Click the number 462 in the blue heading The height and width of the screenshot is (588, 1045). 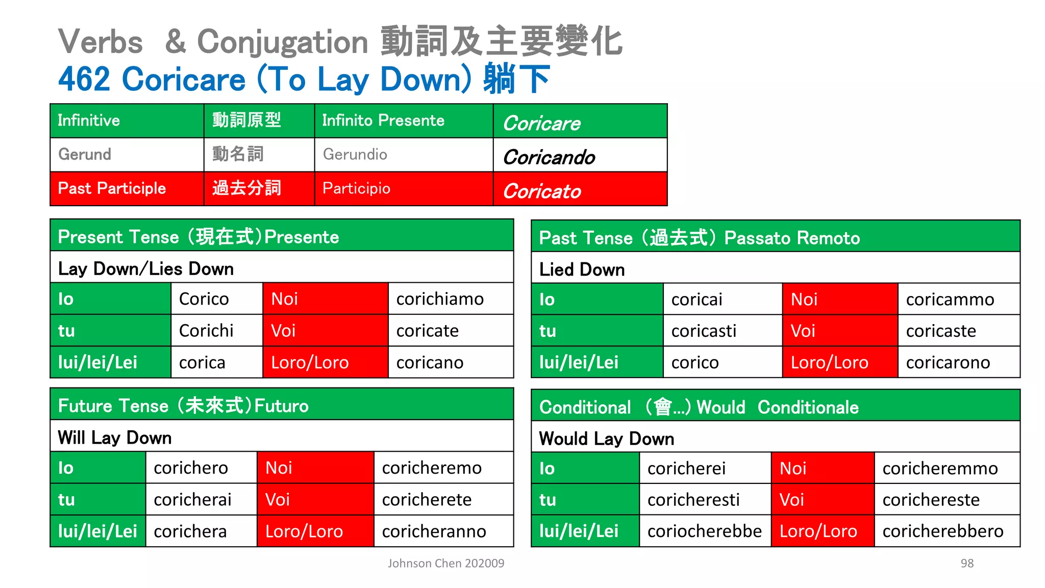tap(84, 80)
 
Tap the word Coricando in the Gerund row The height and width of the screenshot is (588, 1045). tap(549, 157)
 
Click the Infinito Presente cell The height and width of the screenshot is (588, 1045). tap(383, 120)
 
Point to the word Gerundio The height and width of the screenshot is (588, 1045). tap(355, 154)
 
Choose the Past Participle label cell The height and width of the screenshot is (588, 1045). tap(112, 188)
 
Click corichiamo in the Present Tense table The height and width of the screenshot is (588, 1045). tap(440, 299)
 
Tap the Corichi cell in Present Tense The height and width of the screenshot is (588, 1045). tap(206, 331)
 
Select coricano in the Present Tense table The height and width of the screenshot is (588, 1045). tap(430, 362)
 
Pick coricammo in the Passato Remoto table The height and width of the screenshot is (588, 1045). tap(950, 300)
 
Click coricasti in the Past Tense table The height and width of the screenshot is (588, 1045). tap(704, 331)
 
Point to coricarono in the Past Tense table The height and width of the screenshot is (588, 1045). tap(948, 362)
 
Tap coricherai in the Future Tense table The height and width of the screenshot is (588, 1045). tap(192, 500)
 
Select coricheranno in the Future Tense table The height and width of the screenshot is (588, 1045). tap(434, 531)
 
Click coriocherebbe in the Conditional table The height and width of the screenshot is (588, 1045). tap(705, 531)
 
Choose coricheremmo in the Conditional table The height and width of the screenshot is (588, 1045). tap(940, 469)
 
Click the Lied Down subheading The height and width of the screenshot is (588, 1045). tap(582, 269)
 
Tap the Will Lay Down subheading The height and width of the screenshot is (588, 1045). tap(115, 438)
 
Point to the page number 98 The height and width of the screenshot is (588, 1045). tap(967, 563)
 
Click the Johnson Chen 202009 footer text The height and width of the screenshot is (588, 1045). tap(446, 563)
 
